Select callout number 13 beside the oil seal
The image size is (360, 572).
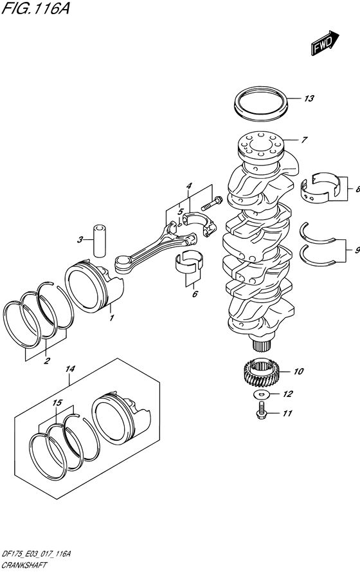point(309,99)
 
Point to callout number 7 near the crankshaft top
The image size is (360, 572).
point(305,139)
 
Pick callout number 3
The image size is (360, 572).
point(80,240)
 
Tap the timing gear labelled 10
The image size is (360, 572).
point(262,372)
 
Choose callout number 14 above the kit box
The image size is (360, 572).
point(71,369)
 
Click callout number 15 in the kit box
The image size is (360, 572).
point(57,403)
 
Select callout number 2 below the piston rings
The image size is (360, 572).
point(46,361)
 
